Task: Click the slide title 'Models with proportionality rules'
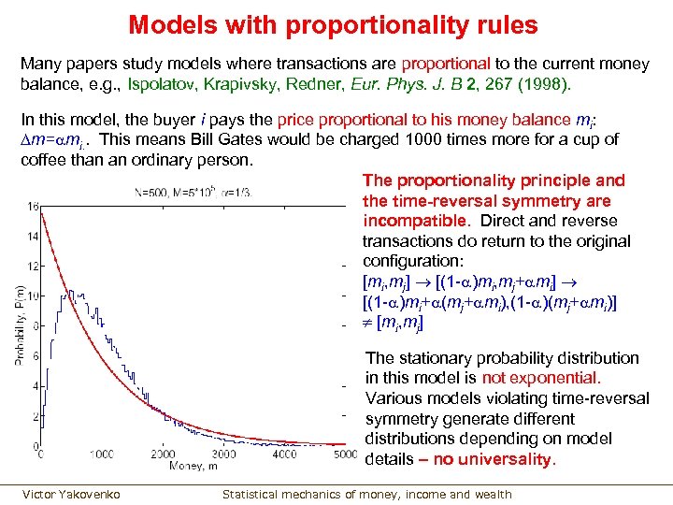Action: click(333, 24)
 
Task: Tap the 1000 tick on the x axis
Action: click(102, 454)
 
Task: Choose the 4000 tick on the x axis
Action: click(285, 454)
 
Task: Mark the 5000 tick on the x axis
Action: click(345, 454)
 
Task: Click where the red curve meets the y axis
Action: click(42, 211)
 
